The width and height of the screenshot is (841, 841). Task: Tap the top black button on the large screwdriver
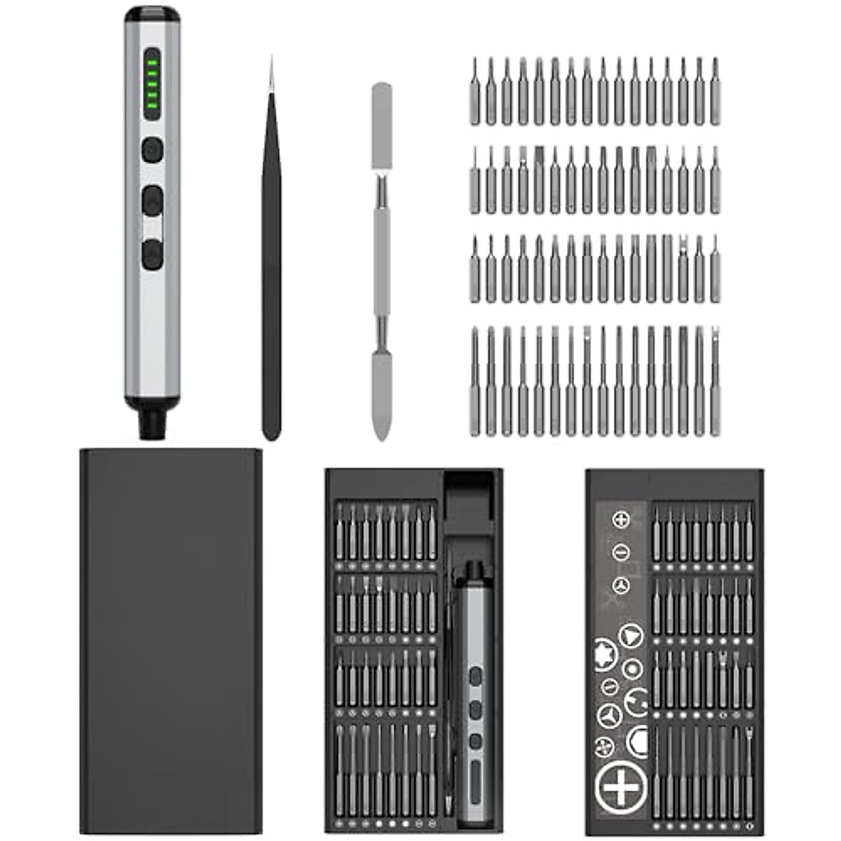(152, 149)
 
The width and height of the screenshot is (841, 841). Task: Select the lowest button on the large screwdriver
(152, 254)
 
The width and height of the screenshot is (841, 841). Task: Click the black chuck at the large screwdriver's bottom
(152, 423)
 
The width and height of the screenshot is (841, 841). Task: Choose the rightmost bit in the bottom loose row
(715, 382)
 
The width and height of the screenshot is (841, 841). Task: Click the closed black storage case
(171, 641)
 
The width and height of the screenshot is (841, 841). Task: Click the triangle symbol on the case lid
(631, 636)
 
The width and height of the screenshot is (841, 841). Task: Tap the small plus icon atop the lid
(621, 520)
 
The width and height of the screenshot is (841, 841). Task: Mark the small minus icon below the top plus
(621, 553)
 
